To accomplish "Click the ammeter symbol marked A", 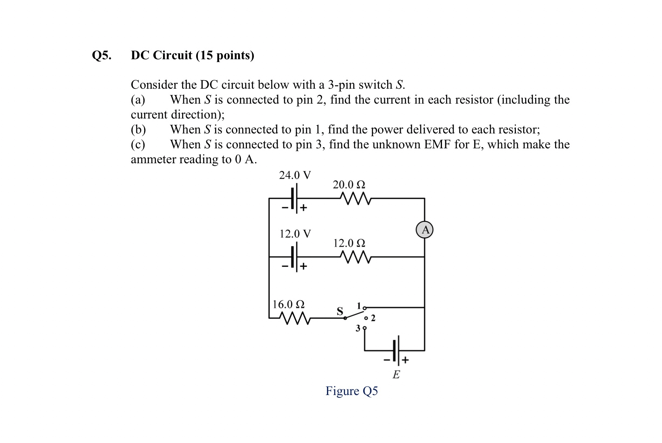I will (x=424, y=230).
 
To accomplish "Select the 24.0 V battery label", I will (x=295, y=175).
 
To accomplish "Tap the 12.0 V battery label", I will (x=295, y=234).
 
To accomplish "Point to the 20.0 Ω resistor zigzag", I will (x=354, y=198).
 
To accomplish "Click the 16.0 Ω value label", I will (x=288, y=304).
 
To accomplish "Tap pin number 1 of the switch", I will (x=359, y=305).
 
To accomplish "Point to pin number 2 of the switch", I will (x=373, y=318).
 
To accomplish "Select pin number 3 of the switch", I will (x=358, y=329).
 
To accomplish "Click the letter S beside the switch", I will (x=340, y=311).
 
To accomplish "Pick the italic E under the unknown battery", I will (x=396, y=375).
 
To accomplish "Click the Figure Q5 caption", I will (x=352, y=391).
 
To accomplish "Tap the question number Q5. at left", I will (x=102, y=55).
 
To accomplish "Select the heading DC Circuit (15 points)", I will (x=193, y=55).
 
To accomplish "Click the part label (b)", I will (x=138, y=129).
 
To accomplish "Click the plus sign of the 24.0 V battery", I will (x=304, y=208).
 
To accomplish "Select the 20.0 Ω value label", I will (x=349, y=185).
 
